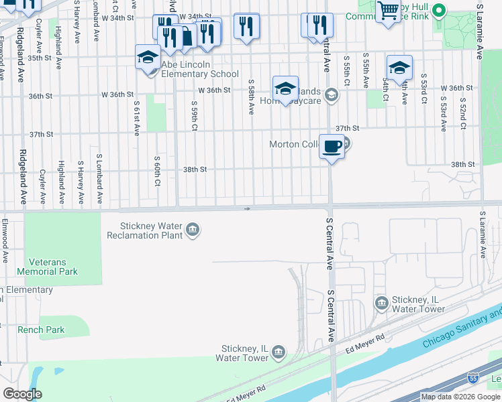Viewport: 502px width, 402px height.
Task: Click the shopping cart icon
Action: pyautogui.click(x=388, y=11)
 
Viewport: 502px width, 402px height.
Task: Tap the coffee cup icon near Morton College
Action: pyautogui.click(x=332, y=146)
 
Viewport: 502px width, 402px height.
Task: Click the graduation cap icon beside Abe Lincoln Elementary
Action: pyautogui.click(x=148, y=57)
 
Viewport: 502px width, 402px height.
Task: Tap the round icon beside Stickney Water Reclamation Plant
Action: pyautogui.click(x=193, y=230)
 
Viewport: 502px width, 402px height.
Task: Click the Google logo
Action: pyautogui.click(x=22, y=394)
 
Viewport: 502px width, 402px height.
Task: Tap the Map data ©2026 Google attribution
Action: pyautogui.click(x=460, y=397)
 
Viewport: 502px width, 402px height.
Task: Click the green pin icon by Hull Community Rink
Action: pyautogui.click(x=439, y=10)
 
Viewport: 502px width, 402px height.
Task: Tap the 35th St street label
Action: pyautogui.click(x=40, y=58)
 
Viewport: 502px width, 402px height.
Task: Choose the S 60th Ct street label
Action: pyautogui.click(x=157, y=170)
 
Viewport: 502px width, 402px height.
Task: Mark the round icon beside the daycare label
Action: pyautogui.click(x=330, y=96)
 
